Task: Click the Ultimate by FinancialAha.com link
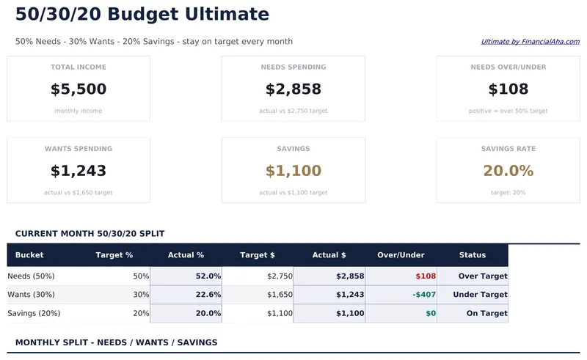click(530, 42)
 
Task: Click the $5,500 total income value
click(79, 89)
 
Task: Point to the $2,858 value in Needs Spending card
click(293, 89)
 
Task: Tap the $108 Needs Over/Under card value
click(508, 89)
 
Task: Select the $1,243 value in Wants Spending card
click(79, 171)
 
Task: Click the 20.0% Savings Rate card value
click(508, 171)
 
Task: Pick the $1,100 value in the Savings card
click(293, 171)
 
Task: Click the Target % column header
click(114, 255)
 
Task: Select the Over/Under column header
click(401, 255)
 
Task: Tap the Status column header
click(473, 255)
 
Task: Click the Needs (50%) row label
click(31, 276)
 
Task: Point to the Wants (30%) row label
click(31, 295)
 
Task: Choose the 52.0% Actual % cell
click(208, 276)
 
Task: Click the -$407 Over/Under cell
click(424, 295)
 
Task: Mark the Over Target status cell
click(483, 276)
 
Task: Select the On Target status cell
click(486, 314)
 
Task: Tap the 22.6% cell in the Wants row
click(208, 295)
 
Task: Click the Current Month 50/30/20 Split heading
click(90, 234)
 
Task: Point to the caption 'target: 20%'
click(508, 193)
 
